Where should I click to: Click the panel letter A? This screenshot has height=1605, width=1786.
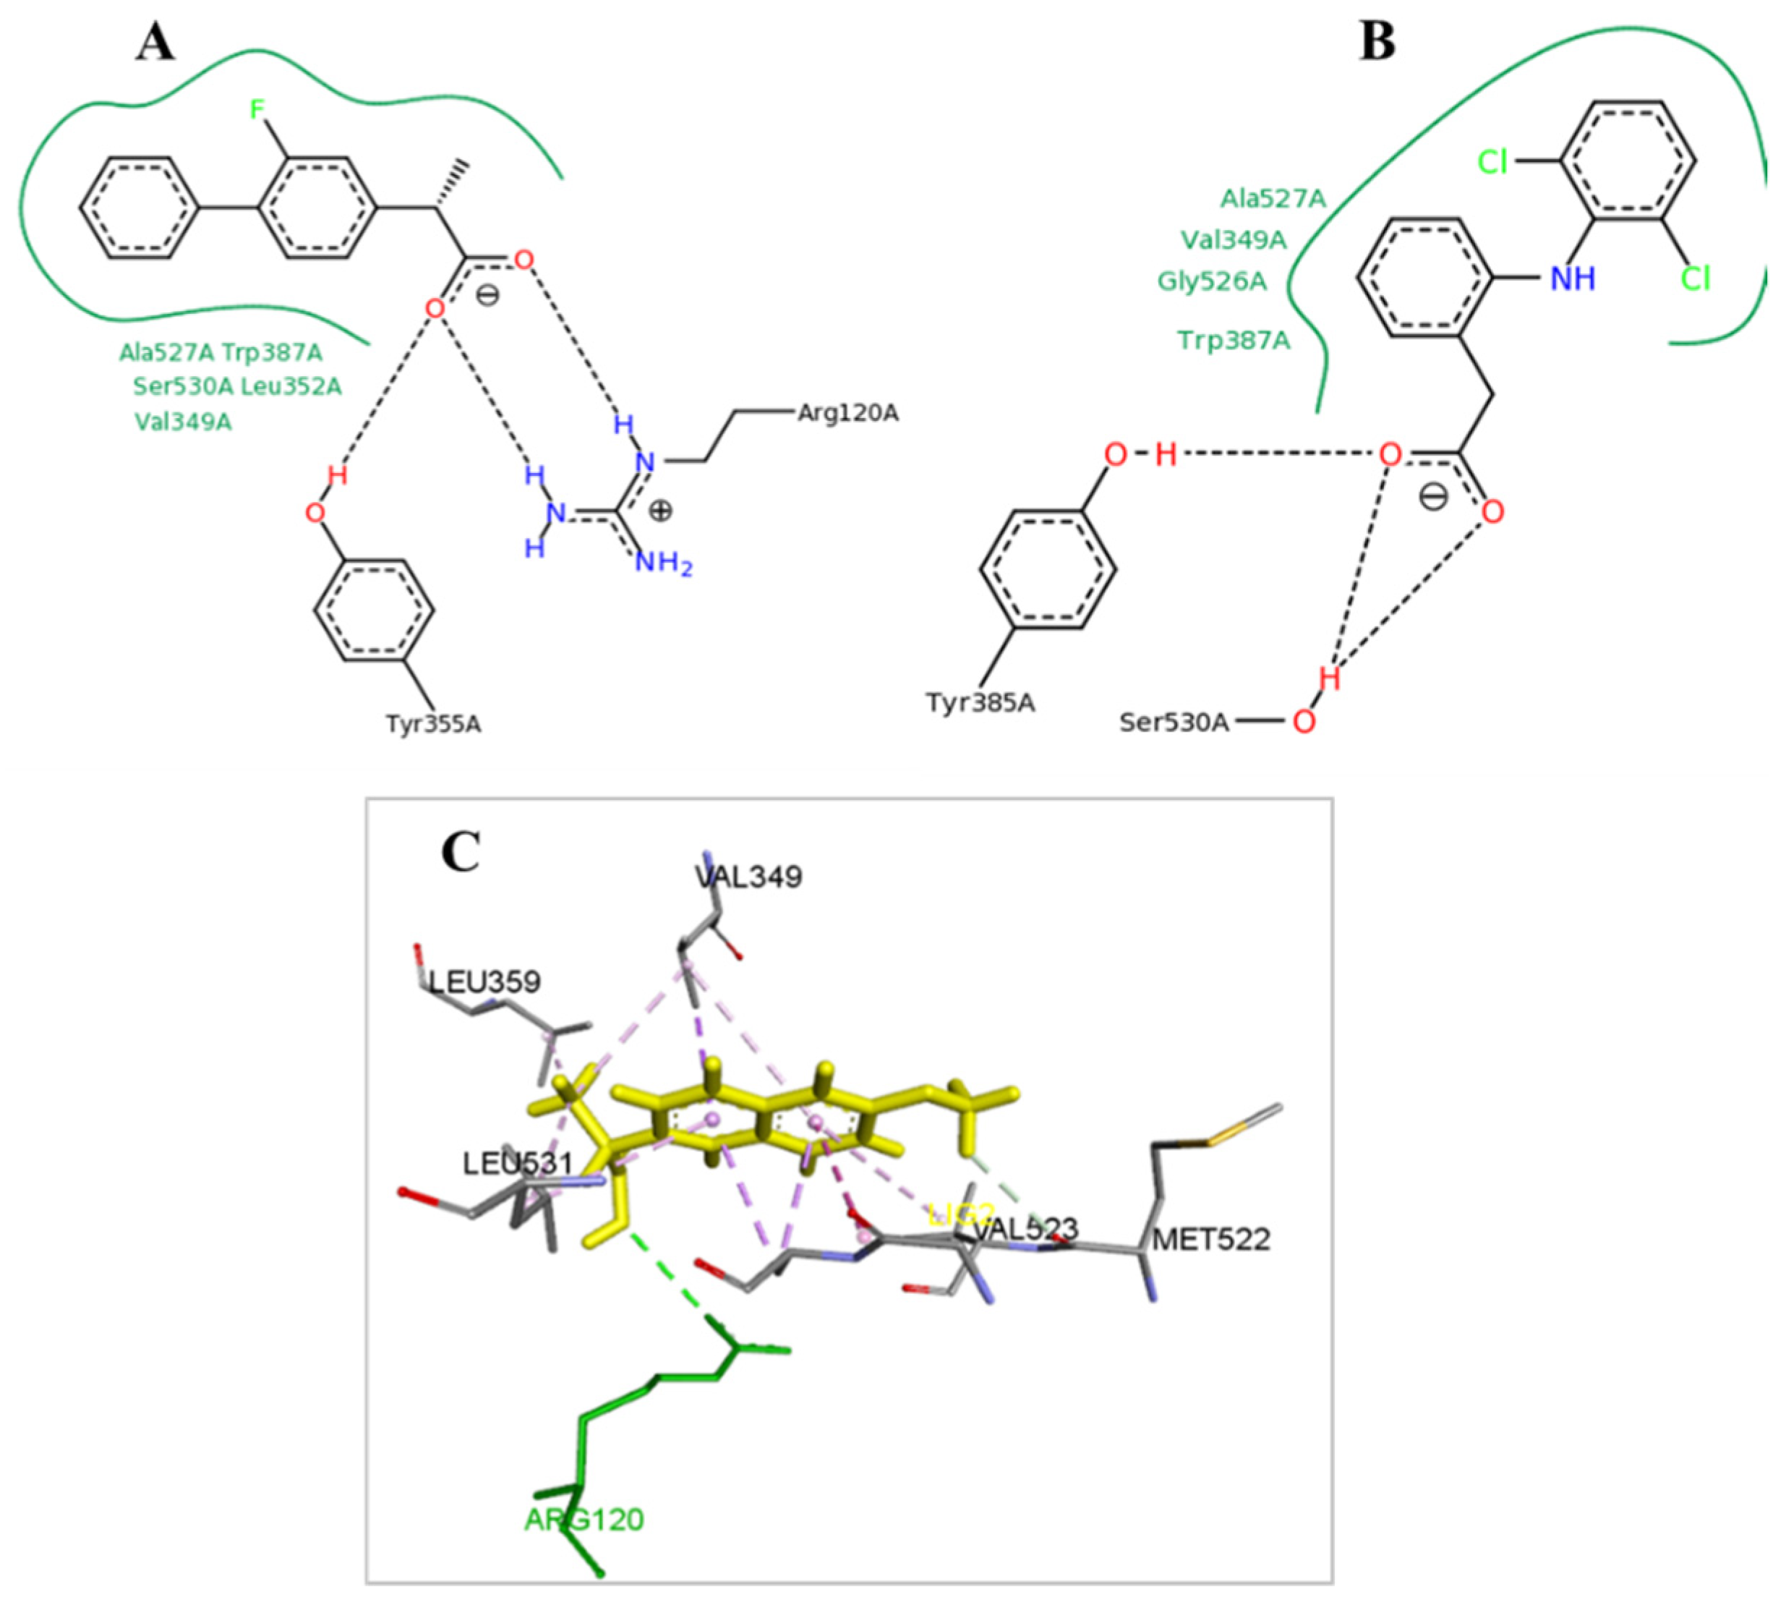pyautogui.click(x=155, y=43)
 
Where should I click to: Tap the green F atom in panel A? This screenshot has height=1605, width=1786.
pyautogui.click(x=257, y=109)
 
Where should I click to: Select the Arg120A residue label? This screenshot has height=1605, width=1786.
pyautogui.click(x=847, y=413)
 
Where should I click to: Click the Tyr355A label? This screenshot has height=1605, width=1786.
pyautogui.click(x=433, y=724)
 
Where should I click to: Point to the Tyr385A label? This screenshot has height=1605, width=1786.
pyautogui.click(x=979, y=703)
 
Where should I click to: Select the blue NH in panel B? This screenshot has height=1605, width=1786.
pyautogui.click(x=1573, y=279)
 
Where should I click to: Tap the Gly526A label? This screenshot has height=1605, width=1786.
pyautogui.click(x=1211, y=281)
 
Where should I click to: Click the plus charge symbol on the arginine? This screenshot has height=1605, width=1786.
pyautogui.click(x=660, y=511)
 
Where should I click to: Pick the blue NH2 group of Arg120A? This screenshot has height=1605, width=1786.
pyautogui.click(x=663, y=562)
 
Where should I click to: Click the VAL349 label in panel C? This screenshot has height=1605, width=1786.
pyautogui.click(x=748, y=877)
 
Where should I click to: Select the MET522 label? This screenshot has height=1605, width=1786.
pyautogui.click(x=1211, y=1240)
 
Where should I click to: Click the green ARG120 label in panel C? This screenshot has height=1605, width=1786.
pyautogui.click(x=584, y=1520)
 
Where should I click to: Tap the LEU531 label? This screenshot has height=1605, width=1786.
pyautogui.click(x=518, y=1163)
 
